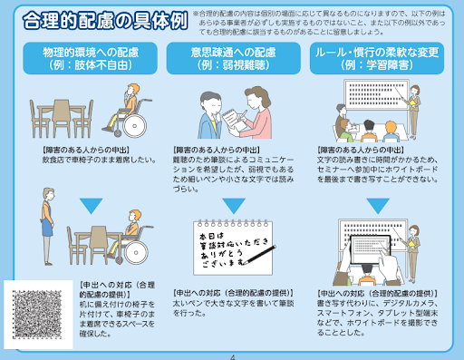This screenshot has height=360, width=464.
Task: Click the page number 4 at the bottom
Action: pos(233,356)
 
